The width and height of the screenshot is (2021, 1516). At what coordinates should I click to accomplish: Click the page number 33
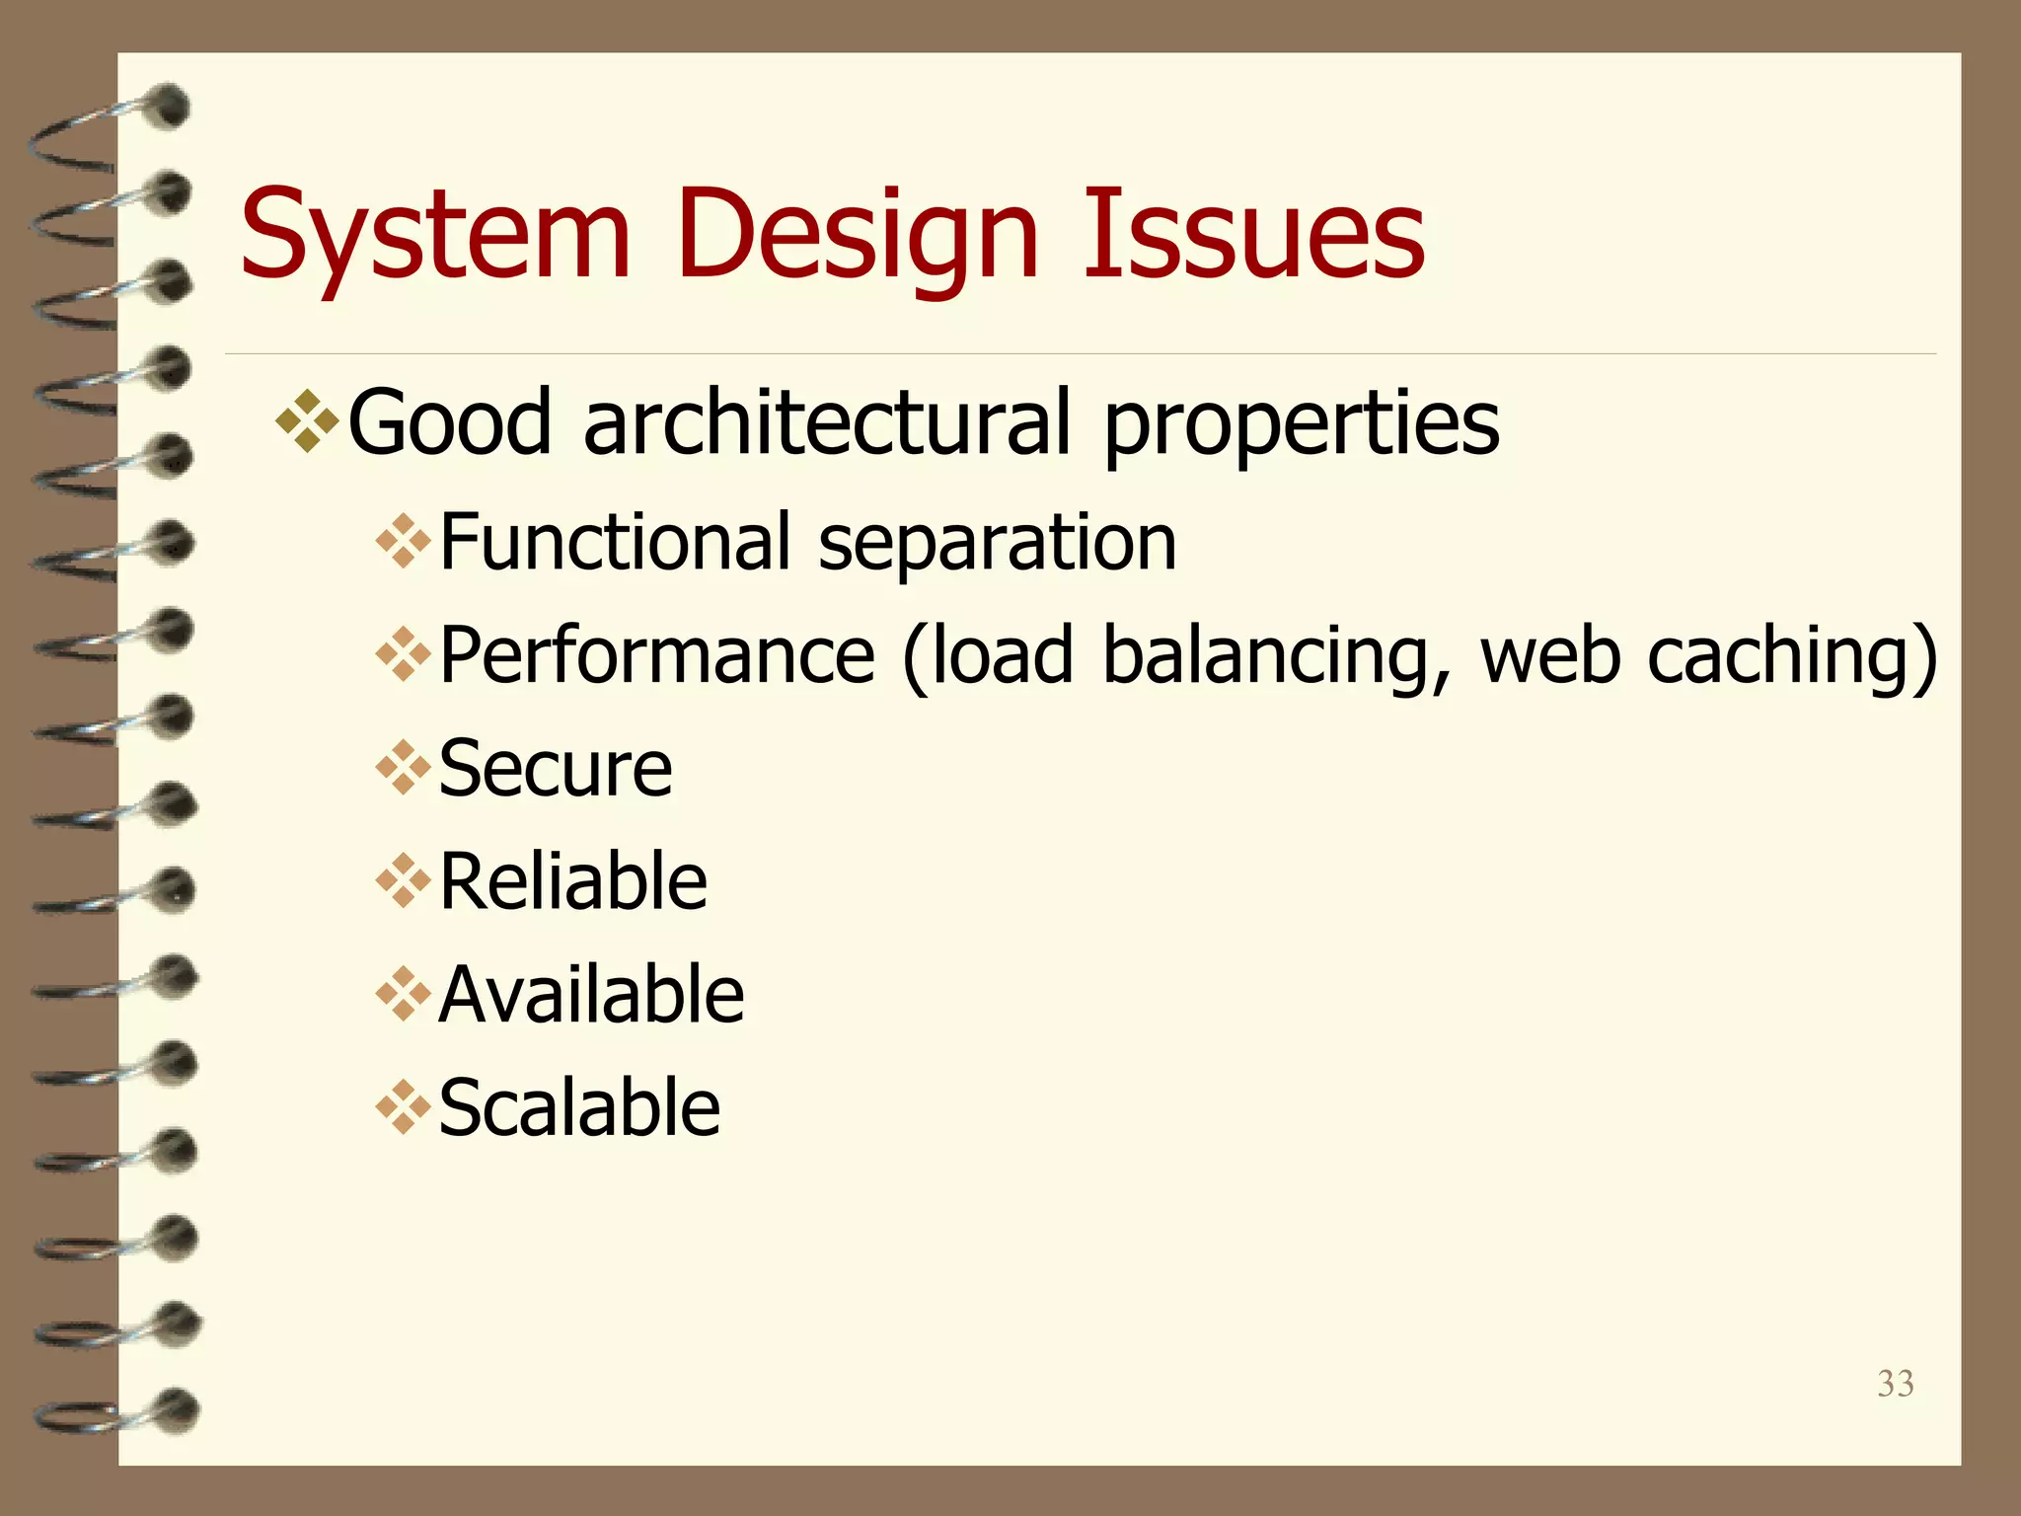click(1895, 1384)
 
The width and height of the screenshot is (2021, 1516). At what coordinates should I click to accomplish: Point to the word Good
click(449, 421)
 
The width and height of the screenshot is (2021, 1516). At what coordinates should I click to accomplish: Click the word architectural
click(827, 421)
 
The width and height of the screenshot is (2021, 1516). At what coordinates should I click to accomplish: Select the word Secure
click(555, 768)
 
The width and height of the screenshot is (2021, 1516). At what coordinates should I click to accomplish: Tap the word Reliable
click(572, 880)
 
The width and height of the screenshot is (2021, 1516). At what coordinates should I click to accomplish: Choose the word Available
click(590, 994)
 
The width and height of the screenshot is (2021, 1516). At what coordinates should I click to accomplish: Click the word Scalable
click(579, 1107)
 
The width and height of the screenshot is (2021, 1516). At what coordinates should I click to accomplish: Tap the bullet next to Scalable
click(403, 1107)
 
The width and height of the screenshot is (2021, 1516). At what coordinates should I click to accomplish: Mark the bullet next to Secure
click(403, 768)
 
